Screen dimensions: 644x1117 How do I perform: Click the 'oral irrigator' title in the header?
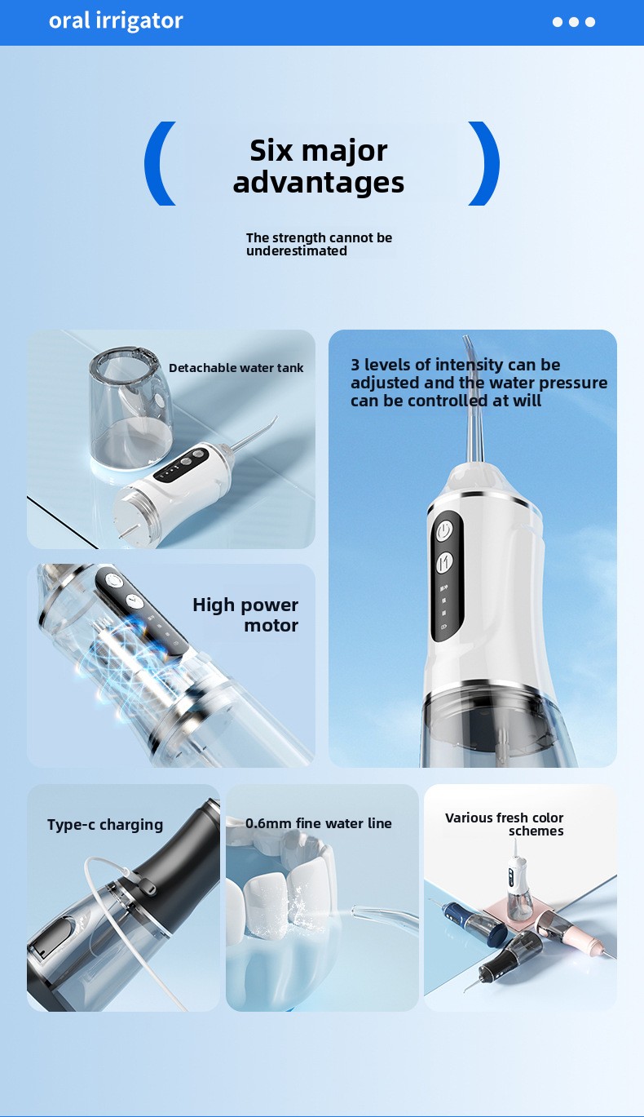[116, 21]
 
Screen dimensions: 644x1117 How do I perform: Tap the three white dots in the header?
[573, 22]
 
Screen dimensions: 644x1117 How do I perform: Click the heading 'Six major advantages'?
[319, 166]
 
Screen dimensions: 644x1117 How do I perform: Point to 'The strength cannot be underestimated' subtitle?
[319, 244]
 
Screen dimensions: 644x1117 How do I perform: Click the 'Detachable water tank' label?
[236, 368]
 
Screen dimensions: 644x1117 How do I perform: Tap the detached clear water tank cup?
[130, 409]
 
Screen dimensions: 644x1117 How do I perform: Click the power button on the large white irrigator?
[444, 531]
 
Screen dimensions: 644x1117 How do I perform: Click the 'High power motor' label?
[245, 615]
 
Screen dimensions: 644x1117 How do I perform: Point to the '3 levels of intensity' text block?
[479, 383]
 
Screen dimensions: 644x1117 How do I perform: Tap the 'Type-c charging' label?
[105, 824]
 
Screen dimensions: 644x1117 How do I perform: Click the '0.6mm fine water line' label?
[318, 823]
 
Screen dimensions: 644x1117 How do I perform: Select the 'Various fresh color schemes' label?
[504, 824]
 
